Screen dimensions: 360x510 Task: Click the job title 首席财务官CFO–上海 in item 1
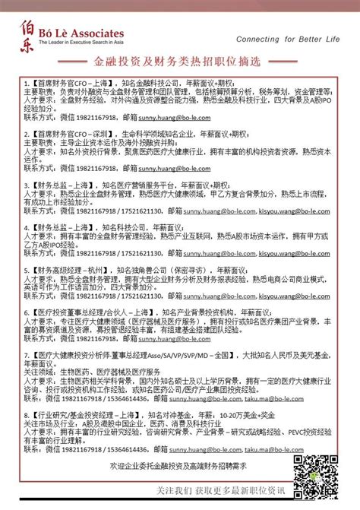point(68,80)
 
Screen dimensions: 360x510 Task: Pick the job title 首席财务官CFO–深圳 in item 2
point(68,131)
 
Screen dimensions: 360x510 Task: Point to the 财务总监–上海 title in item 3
point(60,184)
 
